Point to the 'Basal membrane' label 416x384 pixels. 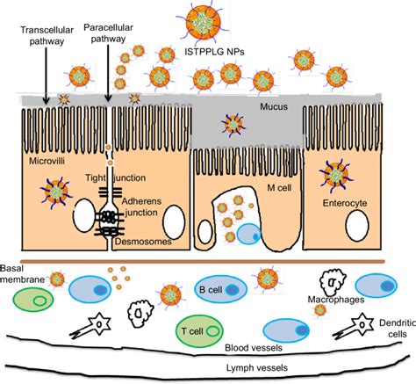(x=18, y=276)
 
